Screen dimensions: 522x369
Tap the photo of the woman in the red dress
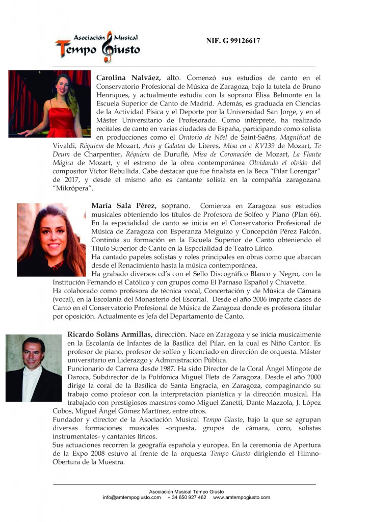click(49, 103)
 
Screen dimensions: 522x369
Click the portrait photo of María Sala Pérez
click(51, 240)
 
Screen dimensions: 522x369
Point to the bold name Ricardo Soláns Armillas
click(109, 334)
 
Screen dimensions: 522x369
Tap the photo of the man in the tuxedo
click(34, 368)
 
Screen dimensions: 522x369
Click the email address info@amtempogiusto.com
click(131, 497)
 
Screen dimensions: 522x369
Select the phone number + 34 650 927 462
click(187, 497)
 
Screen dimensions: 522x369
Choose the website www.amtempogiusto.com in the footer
click(241, 497)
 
